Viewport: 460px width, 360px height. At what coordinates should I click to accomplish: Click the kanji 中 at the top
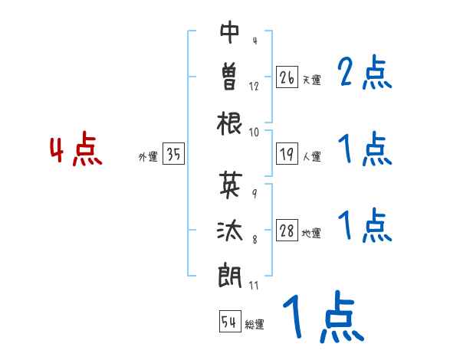(230, 33)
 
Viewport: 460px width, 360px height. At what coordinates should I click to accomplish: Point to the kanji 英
(230, 183)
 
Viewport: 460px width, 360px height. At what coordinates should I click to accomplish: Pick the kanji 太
(230, 229)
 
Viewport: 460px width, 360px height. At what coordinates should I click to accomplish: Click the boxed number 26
(287, 77)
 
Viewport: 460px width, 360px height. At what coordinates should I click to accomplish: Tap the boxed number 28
(287, 231)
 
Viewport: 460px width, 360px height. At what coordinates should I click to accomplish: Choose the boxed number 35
(173, 155)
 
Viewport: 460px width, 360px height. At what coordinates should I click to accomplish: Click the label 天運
(311, 80)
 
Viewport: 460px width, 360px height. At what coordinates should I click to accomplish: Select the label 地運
(311, 234)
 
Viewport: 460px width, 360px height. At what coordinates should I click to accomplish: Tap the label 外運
(148, 157)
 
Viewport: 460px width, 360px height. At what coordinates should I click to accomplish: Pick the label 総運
(255, 324)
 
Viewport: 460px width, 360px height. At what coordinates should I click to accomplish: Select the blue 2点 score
(365, 74)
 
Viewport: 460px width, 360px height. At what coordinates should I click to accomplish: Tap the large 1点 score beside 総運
(322, 317)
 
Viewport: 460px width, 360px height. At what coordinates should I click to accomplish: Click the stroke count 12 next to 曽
(254, 87)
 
